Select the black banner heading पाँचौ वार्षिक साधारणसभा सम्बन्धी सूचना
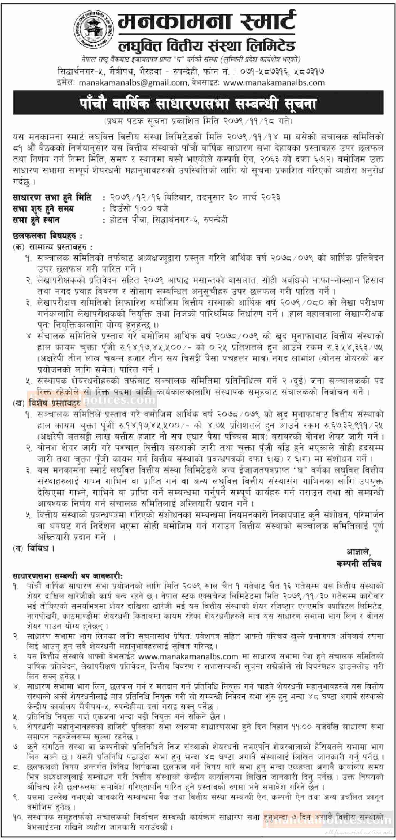198,104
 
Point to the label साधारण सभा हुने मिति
52,197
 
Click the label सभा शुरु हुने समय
43,208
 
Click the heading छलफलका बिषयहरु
47,235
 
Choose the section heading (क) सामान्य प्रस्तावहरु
53,247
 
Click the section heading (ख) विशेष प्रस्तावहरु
49,403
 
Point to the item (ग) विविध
34,548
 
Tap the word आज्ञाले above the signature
359,552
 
